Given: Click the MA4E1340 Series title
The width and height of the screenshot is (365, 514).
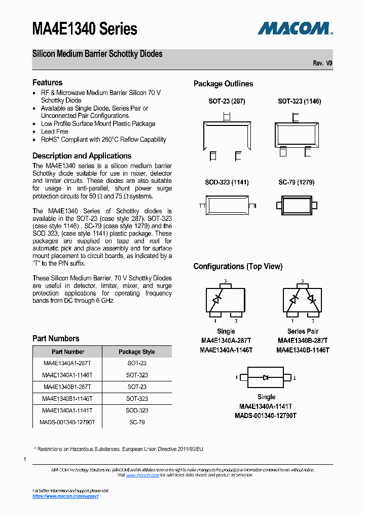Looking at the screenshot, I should [x=85, y=29].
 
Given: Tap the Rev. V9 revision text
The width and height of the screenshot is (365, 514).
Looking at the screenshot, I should [x=322, y=63].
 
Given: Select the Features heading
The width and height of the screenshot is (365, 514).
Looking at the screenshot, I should [x=47, y=82].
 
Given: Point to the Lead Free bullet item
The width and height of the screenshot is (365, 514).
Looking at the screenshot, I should [x=55, y=132].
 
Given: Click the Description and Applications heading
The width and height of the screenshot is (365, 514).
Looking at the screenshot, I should [x=82, y=156].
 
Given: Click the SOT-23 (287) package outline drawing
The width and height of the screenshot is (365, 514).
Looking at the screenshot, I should [x=227, y=135].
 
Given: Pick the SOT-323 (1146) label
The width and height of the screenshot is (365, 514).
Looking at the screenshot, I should [x=299, y=101].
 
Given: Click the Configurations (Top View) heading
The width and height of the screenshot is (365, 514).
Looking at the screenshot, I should [x=238, y=267].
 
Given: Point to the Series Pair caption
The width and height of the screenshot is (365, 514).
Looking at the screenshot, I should [x=303, y=331].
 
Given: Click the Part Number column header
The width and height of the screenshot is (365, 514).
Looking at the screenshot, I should [x=68, y=351].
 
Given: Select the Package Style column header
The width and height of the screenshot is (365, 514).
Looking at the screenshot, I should [x=137, y=351].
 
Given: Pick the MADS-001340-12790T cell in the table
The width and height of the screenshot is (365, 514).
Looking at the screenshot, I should [x=67, y=422].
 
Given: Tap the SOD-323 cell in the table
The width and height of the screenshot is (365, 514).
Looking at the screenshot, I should [x=137, y=410].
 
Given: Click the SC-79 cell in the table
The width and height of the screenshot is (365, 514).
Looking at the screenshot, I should [x=137, y=422].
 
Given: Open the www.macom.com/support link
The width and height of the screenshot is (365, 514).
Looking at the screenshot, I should [x=65, y=496].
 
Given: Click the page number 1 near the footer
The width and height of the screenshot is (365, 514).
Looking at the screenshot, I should [x=25, y=459].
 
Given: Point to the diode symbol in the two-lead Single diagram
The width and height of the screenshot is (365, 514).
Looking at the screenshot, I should [x=266, y=377].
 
